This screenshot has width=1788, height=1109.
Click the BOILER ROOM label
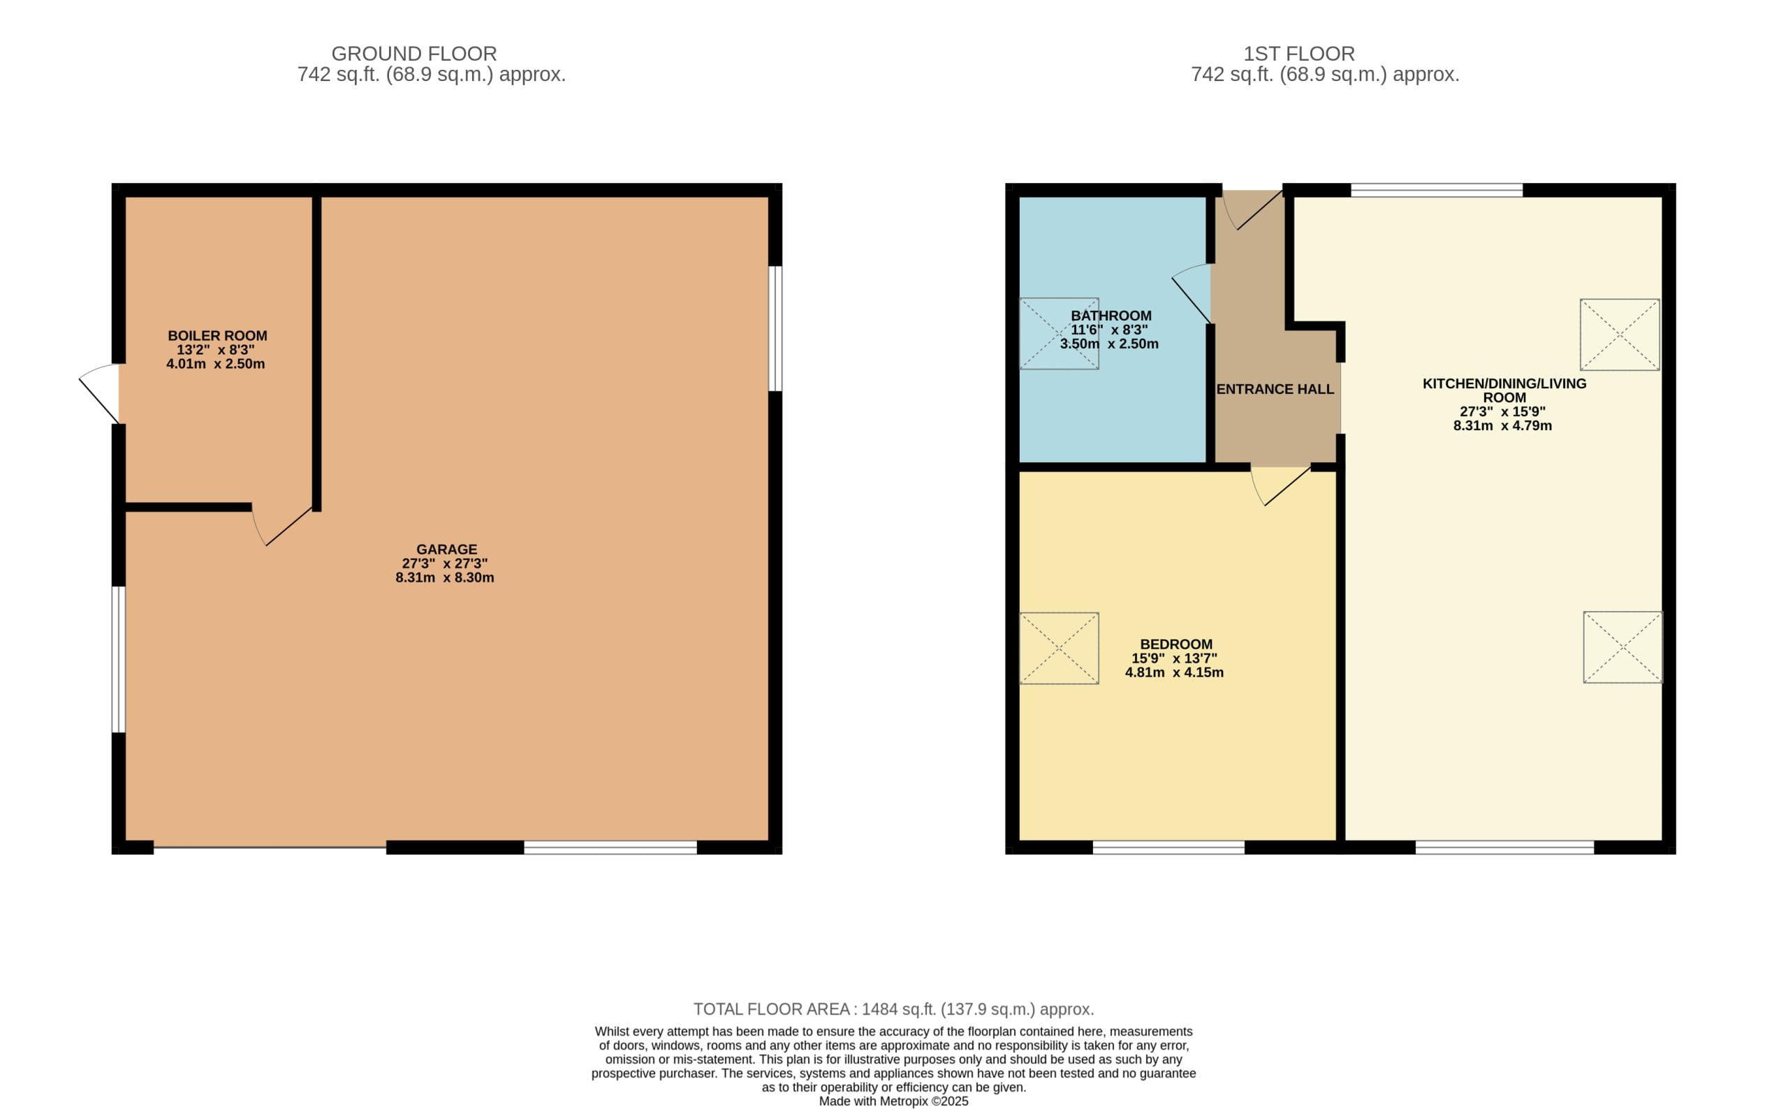pos(217,336)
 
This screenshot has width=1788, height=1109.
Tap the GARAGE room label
pos(446,550)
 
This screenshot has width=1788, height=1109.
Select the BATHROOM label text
pos(1111,316)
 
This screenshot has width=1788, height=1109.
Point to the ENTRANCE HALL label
pos(1275,390)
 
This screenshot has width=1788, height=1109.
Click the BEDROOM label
pos(1175,645)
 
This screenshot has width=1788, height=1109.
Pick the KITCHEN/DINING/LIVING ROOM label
pos(1504,390)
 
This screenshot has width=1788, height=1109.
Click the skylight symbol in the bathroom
pos(1059,333)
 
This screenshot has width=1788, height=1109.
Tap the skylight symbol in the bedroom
pos(1059,648)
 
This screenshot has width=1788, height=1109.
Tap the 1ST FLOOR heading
pos(1299,54)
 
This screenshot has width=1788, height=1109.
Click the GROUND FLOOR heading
pos(413,54)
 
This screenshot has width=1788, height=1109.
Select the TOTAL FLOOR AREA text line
pos(893,1009)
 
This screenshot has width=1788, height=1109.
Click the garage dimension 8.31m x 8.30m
pos(444,578)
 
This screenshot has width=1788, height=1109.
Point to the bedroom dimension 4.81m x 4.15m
pos(1174,673)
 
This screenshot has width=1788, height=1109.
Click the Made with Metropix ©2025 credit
pos(893,1101)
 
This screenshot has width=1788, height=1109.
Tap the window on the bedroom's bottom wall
pos(1168,848)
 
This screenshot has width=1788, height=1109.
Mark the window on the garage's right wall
pos(775,329)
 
